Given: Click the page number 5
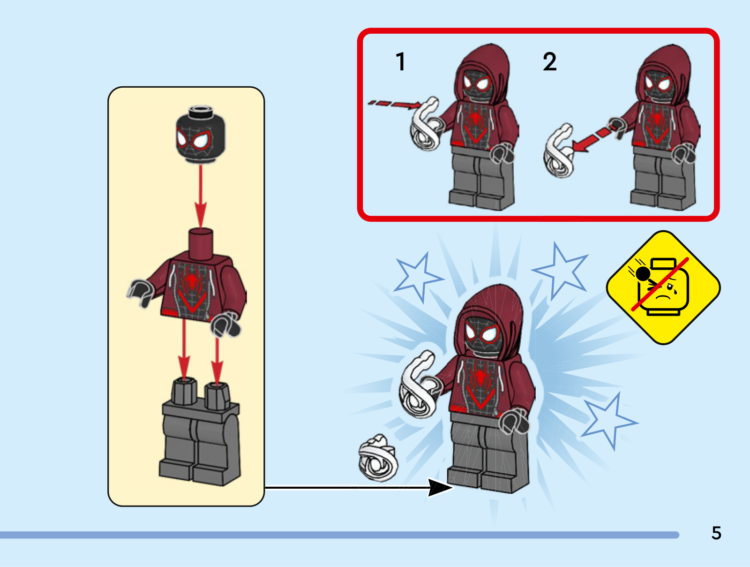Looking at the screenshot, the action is pyautogui.click(x=717, y=533).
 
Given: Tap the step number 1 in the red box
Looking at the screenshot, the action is pyautogui.click(x=401, y=61).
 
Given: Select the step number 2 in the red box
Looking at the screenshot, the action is pyautogui.click(x=549, y=61).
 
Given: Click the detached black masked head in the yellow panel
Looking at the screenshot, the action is pyautogui.click(x=201, y=135).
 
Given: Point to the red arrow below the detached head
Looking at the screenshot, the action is pyautogui.click(x=201, y=197).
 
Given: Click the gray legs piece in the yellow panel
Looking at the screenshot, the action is pyautogui.click(x=200, y=431).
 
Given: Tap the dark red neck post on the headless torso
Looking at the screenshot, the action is pyautogui.click(x=201, y=244).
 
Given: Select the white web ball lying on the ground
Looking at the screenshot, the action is pyautogui.click(x=378, y=458).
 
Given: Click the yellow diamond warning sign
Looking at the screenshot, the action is pyautogui.click(x=663, y=287).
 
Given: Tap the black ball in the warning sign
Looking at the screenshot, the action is pyautogui.click(x=643, y=274).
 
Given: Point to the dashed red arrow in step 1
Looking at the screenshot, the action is pyautogui.click(x=395, y=104).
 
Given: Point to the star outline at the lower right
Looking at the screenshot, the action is pyautogui.click(x=609, y=422).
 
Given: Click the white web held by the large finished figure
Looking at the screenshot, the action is pyautogui.click(x=419, y=385).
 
